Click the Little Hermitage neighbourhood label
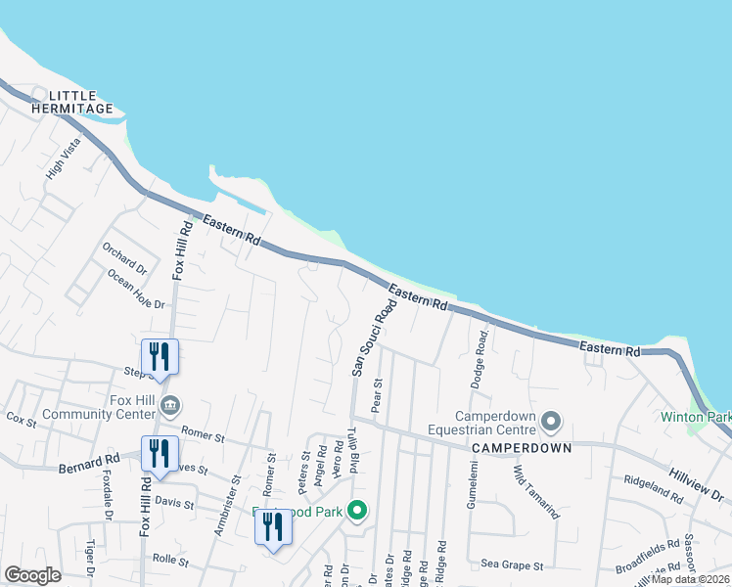tap(73, 102)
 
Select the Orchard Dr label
tap(124, 258)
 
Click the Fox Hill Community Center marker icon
tap(170, 404)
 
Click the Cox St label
tap(21, 420)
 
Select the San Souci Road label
tap(375, 338)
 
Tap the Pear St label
tap(376, 397)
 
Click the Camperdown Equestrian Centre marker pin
tap(551, 423)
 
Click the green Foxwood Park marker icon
tap(357, 511)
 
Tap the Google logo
tap(32, 576)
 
